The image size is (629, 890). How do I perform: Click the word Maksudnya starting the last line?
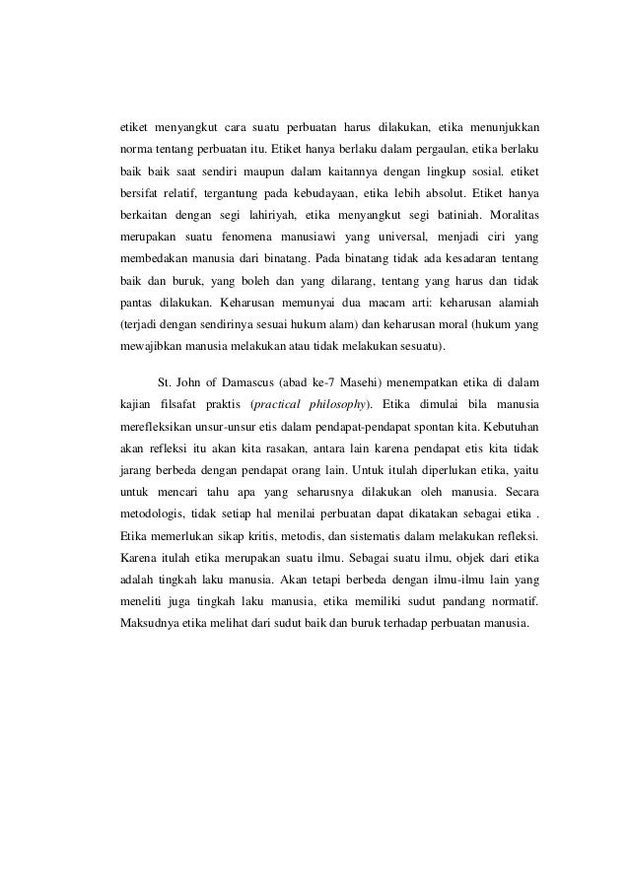[146, 623]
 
